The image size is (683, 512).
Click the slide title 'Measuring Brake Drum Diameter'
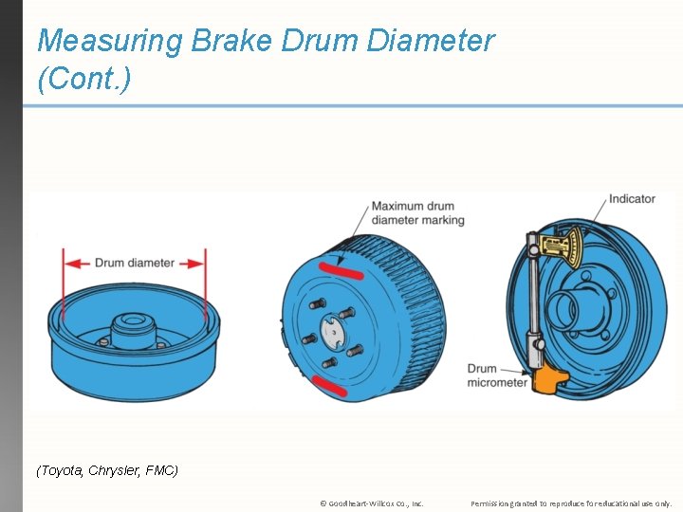(266, 42)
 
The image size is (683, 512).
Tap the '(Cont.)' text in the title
(83, 80)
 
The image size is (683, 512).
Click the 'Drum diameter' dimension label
(135, 263)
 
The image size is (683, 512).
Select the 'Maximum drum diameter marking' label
(417, 213)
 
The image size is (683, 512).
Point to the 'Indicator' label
(632, 199)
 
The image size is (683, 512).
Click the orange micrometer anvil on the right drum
(547, 376)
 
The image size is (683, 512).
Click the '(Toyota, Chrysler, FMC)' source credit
(107, 470)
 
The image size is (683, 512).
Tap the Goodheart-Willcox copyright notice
(371, 503)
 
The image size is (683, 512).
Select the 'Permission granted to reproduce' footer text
(571, 503)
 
